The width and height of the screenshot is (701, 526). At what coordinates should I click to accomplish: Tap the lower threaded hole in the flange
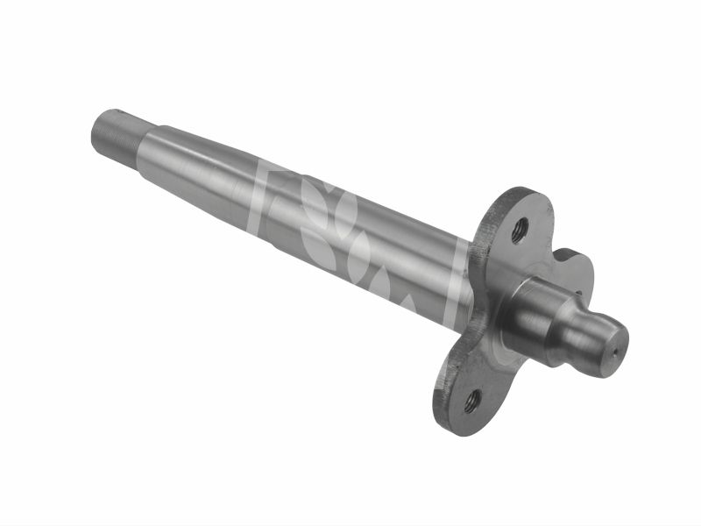pyautogui.click(x=471, y=401)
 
